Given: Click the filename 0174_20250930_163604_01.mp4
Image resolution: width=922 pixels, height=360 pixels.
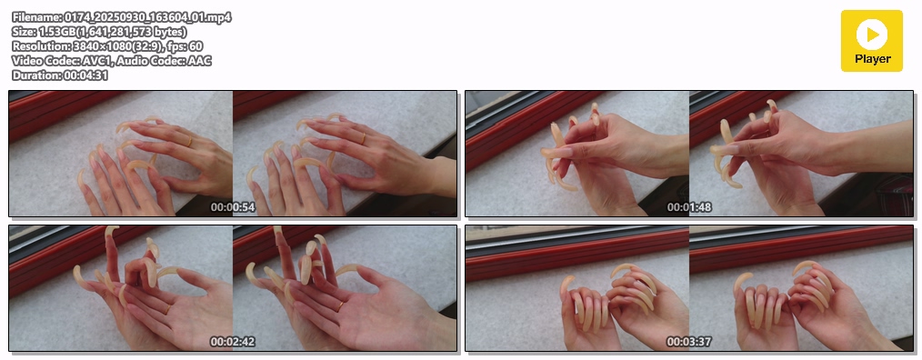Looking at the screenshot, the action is click(x=146, y=17).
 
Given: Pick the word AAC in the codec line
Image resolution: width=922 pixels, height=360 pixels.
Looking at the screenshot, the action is click(x=200, y=61).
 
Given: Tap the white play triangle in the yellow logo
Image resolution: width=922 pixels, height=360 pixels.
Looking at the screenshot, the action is click(x=873, y=35).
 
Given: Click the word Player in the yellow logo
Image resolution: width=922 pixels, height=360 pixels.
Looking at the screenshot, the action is click(x=873, y=59).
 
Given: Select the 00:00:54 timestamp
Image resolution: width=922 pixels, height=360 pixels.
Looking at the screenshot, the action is click(x=233, y=207).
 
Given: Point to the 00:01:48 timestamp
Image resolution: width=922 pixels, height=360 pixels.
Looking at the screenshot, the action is click(x=689, y=207).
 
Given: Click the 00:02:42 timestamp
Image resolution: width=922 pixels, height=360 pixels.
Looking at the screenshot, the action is click(x=233, y=342).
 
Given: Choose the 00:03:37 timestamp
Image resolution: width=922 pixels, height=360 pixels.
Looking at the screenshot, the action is click(x=689, y=342).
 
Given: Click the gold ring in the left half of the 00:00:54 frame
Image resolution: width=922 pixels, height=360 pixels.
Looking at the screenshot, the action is click(x=189, y=142).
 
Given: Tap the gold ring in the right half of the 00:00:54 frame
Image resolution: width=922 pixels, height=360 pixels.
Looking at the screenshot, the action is click(x=363, y=139).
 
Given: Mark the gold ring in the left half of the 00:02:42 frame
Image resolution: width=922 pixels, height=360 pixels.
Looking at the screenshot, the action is click(x=167, y=308).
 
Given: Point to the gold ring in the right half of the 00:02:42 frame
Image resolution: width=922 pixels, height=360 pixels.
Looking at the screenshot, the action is click(x=340, y=305).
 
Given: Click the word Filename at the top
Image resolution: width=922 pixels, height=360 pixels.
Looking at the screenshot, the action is click(x=35, y=17).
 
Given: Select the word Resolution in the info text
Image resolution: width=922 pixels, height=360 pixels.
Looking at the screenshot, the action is click(x=41, y=46).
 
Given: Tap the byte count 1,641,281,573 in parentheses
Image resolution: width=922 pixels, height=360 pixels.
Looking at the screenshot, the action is click(x=113, y=32).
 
